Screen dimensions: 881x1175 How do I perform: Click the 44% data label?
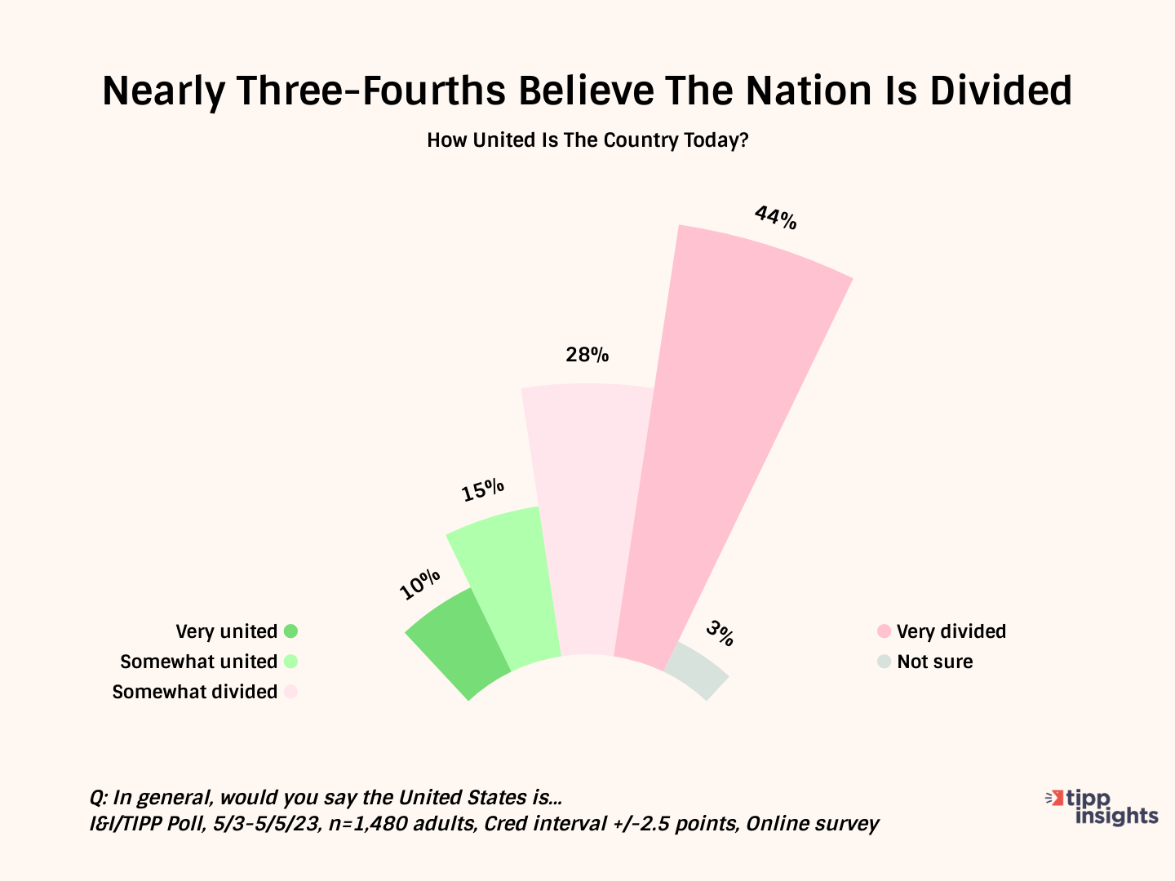[775, 218]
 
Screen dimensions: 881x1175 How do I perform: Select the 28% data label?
[587, 355]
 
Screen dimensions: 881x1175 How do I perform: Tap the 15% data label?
[482, 490]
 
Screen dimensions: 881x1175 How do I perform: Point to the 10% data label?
[420, 584]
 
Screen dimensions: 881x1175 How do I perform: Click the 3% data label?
[721, 633]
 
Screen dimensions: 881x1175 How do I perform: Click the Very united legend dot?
[290, 631]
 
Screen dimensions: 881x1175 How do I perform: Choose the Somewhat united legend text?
[198, 662]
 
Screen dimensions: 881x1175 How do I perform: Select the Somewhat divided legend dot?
[290, 692]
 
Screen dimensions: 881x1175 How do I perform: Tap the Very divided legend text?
[951, 631]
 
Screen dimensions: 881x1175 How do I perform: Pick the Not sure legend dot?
[884, 662]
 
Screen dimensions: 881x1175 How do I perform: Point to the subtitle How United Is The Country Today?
[587, 140]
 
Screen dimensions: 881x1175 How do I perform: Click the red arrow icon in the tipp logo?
[1057, 797]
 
